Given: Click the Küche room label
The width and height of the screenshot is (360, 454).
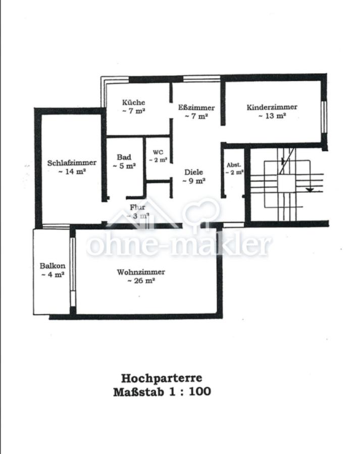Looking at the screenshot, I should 134,102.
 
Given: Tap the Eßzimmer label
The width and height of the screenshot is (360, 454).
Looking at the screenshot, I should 196,107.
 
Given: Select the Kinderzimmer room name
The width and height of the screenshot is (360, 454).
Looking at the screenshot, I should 272,107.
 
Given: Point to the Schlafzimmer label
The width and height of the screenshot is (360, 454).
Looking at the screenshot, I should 72,163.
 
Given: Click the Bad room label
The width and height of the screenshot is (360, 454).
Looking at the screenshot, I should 124,157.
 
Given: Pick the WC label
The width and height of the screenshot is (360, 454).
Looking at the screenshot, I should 158,152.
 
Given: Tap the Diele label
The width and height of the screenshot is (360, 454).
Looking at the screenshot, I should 193,172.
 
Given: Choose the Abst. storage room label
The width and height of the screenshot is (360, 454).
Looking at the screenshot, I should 234,165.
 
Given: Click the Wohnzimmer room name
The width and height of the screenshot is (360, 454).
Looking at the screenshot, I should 141,272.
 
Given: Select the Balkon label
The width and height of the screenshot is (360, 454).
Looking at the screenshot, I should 53,266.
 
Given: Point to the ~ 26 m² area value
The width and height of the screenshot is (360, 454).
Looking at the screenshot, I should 141,281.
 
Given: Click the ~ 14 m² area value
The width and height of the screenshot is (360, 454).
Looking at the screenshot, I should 72,172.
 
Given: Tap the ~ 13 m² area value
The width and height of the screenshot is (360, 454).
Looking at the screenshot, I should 272,116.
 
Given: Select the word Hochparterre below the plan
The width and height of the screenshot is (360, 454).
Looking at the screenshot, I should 162,378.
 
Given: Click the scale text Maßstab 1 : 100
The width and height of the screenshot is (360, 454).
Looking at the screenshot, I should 162,391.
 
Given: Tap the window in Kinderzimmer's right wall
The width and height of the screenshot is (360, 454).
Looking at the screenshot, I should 324,117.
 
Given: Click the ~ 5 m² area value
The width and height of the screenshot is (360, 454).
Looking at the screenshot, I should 124,165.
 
